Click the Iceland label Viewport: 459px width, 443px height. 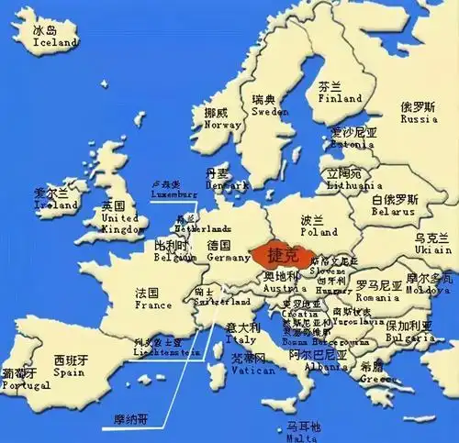[x=56, y=42]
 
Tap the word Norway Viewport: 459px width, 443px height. [x=223, y=126]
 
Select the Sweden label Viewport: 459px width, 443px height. [x=270, y=112]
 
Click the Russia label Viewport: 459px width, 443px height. [x=419, y=118]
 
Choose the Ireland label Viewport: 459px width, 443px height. [x=55, y=205]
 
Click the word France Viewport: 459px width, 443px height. [x=153, y=305]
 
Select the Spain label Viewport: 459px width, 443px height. [x=69, y=372]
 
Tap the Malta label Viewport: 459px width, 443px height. [x=303, y=438]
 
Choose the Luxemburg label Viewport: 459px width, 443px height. [x=174, y=194]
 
